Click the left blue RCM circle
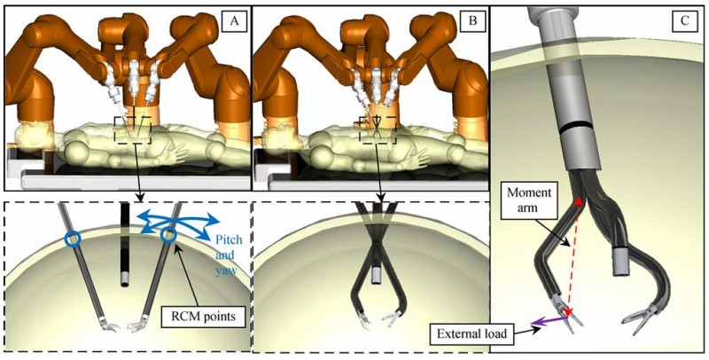(x=72, y=239)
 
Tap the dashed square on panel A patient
(x=136, y=129)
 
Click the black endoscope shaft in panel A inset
(x=123, y=239)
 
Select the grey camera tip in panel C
(x=619, y=260)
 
